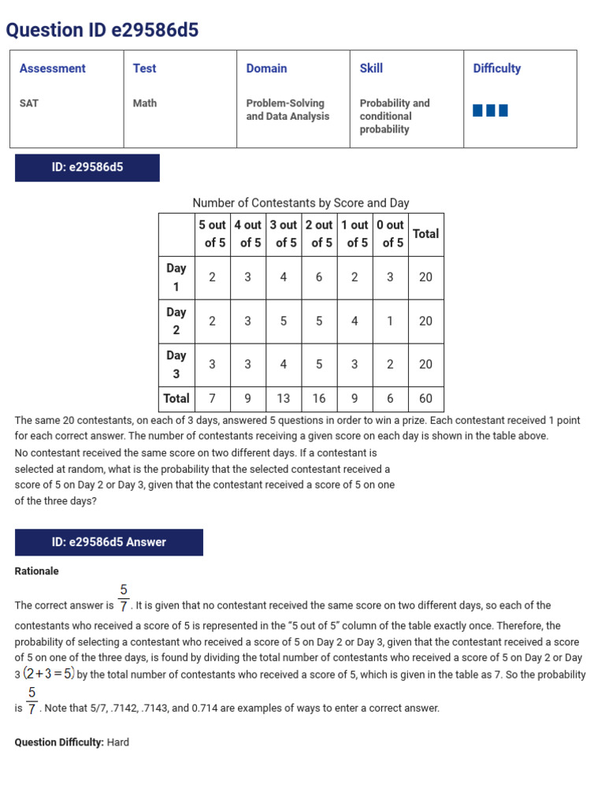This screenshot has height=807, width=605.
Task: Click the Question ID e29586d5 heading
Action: click(102, 30)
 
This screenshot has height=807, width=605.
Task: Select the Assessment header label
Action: click(53, 69)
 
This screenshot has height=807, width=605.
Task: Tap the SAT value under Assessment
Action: click(29, 103)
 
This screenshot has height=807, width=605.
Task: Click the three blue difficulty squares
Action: click(490, 110)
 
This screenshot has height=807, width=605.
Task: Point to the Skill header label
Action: click(371, 69)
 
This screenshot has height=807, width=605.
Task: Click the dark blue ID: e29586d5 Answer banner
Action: click(109, 542)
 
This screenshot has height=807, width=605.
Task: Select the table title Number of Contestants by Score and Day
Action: click(301, 203)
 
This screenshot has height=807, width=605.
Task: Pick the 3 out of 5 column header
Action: click(284, 234)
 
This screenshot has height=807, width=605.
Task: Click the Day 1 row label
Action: click(176, 277)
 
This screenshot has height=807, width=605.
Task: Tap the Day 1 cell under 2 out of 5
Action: click(319, 277)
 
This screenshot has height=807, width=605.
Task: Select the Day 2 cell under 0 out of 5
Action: click(390, 322)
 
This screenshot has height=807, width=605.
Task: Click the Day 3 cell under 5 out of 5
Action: click(212, 365)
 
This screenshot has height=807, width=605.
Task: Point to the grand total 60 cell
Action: click(425, 399)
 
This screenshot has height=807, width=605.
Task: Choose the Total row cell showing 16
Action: click(319, 399)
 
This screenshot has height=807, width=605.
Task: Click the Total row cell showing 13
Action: click(284, 399)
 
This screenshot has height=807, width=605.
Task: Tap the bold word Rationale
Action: click(37, 571)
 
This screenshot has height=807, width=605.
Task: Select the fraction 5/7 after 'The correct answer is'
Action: click(124, 598)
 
